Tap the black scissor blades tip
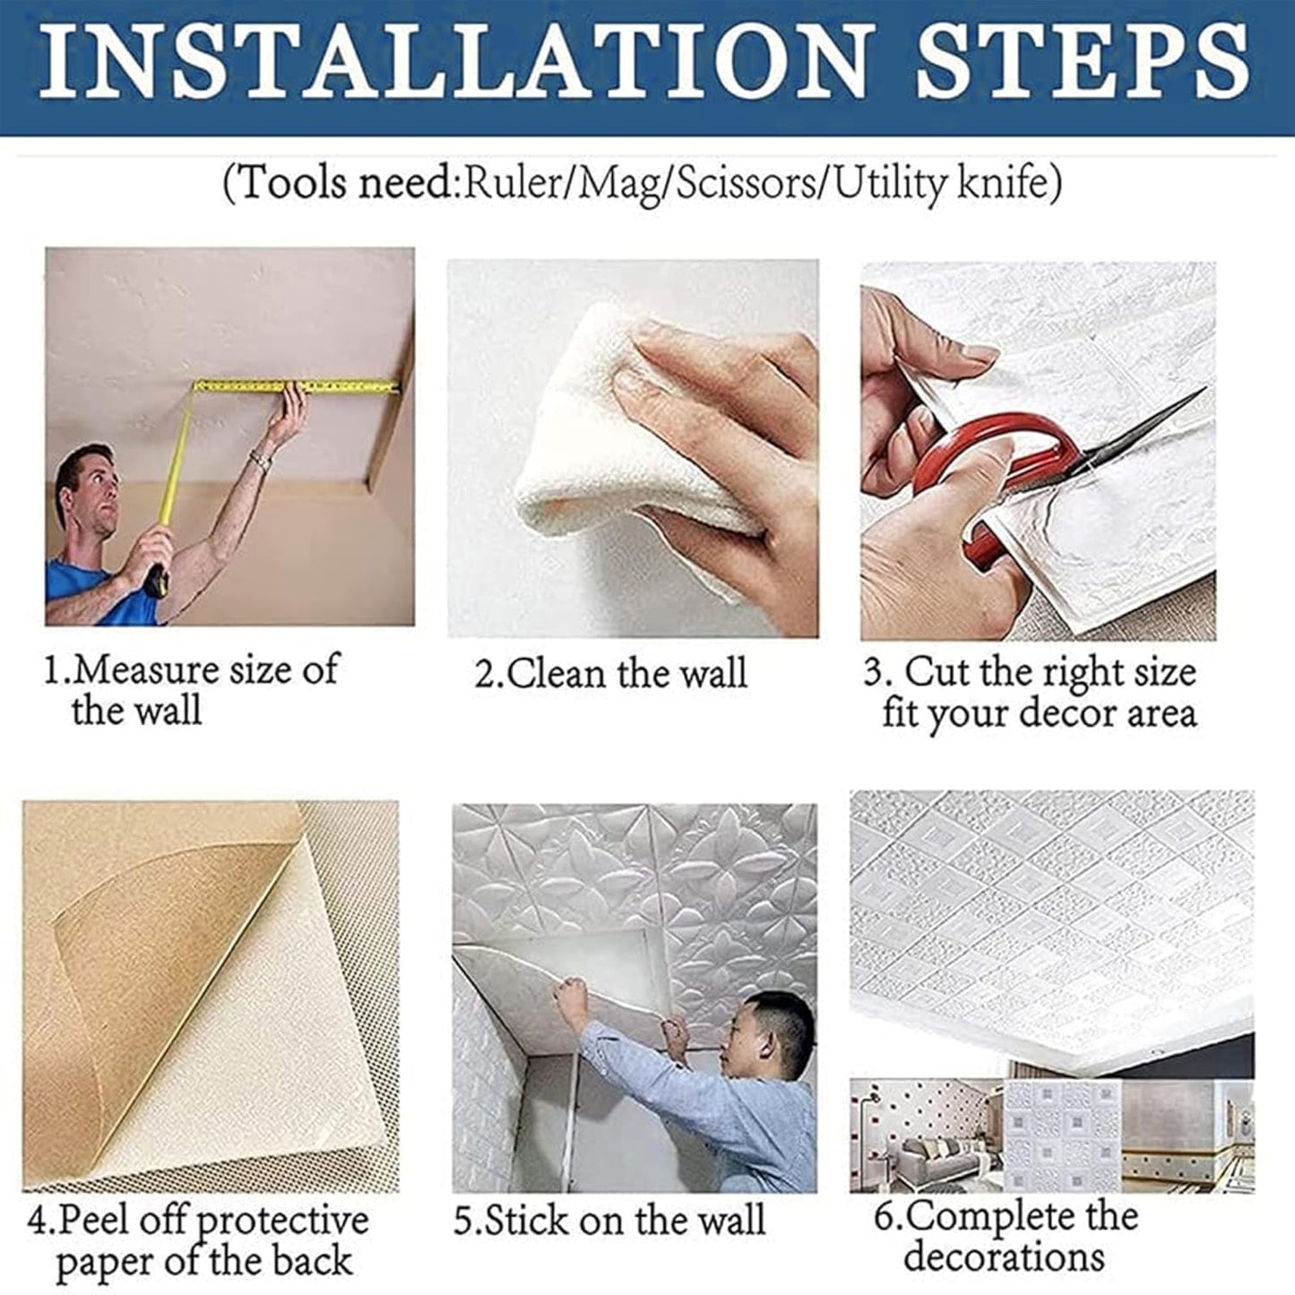coord(1204,390)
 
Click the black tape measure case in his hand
coord(157,579)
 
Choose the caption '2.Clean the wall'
coord(611,673)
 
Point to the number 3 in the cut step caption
coord(873,673)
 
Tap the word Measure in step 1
coord(144,670)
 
